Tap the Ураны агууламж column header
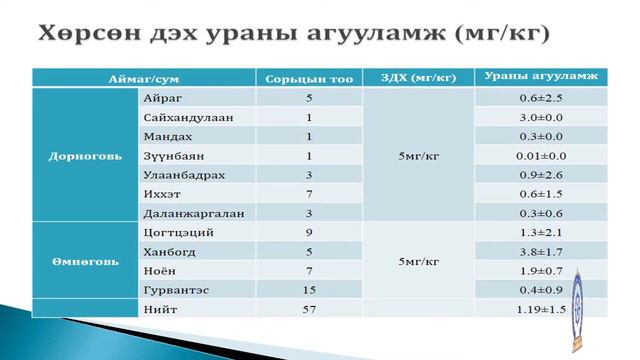pos(540,77)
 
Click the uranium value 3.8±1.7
pos(543,252)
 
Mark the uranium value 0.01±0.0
pos(543,156)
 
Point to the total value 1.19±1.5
pos(541,311)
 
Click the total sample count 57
pos(310,311)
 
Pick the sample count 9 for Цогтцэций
pos(310,233)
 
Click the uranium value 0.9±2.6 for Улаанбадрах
pos(543,175)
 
